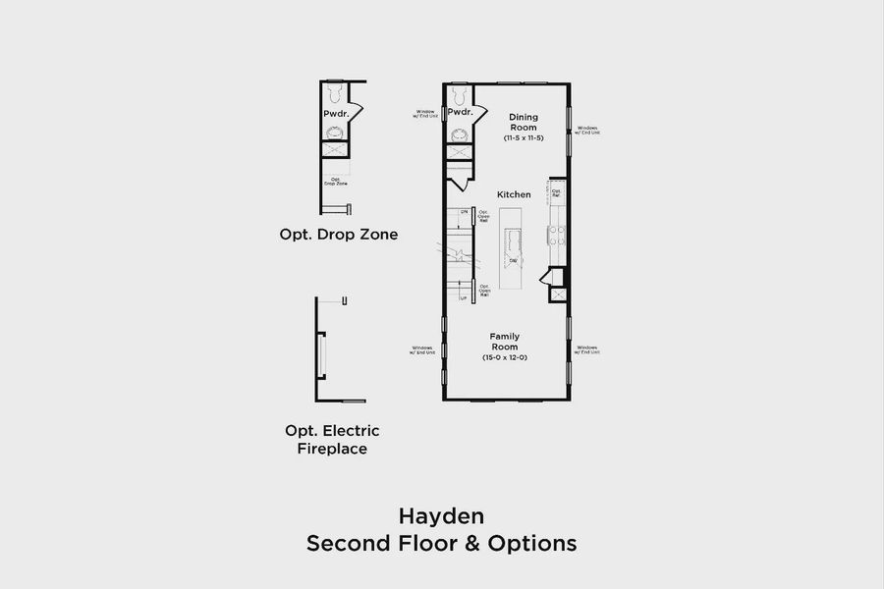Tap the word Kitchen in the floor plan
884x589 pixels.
[514, 194]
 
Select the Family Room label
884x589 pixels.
[505, 342]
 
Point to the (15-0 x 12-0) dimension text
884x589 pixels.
[505, 357]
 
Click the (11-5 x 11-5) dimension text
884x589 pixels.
[523, 138]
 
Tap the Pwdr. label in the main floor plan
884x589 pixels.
[460, 112]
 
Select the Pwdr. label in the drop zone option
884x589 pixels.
[335, 114]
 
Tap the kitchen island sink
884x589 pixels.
[512, 239]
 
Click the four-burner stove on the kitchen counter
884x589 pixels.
[557, 236]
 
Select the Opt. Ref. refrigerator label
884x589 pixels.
[556, 192]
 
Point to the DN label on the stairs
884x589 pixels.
[464, 211]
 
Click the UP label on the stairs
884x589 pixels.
[464, 297]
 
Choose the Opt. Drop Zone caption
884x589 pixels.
[339, 235]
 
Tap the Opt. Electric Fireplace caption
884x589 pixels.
[332, 440]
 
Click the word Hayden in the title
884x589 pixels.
[441, 515]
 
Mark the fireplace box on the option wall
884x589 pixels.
[321, 354]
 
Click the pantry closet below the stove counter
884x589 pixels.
[557, 294]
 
